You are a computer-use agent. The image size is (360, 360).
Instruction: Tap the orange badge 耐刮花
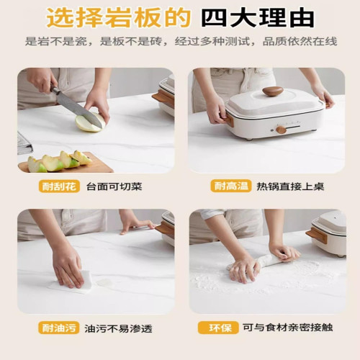click(59, 186)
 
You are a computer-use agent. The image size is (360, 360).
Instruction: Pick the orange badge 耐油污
click(59, 328)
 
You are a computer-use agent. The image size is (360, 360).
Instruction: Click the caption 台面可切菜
click(114, 186)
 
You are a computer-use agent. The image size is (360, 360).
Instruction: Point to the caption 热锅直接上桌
click(289, 186)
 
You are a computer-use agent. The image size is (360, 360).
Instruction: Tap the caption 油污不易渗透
click(120, 328)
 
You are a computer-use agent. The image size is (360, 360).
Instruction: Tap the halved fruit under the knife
click(89, 123)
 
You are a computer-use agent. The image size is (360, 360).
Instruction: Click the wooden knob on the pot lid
click(272, 91)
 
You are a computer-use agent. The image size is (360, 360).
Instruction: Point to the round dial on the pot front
click(281, 130)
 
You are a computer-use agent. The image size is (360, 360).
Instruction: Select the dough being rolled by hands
click(259, 264)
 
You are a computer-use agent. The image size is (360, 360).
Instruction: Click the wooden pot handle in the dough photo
click(316, 235)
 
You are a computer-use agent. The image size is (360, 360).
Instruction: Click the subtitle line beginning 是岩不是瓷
click(180, 42)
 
